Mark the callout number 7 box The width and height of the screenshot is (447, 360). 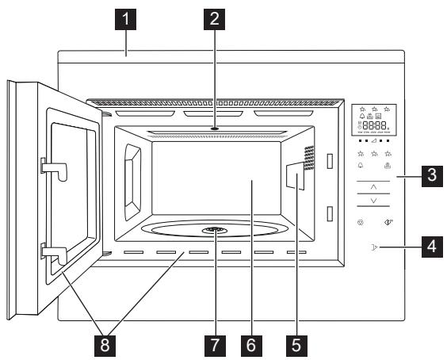point(211,345)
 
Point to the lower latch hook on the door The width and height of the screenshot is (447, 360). point(52,255)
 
